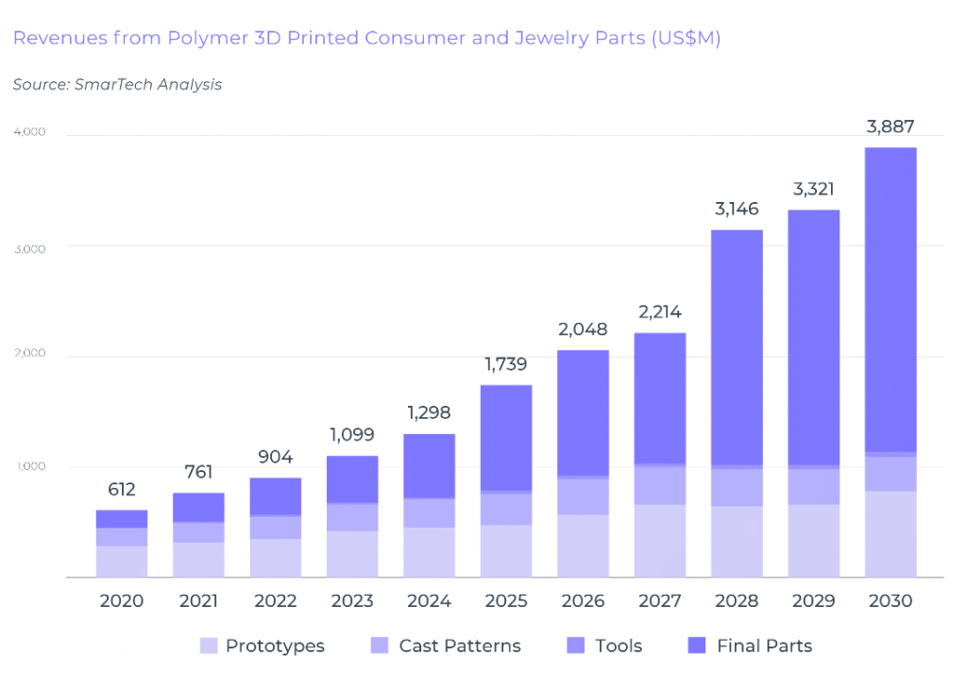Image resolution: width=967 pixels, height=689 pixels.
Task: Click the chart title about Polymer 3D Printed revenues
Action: (x=366, y=39)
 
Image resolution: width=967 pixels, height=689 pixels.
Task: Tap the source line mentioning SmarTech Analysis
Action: (x=117, y=85)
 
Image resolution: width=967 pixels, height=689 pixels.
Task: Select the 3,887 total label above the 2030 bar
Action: (x=891, y=127)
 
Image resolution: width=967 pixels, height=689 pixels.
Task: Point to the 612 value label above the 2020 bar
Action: (x=122, y=490)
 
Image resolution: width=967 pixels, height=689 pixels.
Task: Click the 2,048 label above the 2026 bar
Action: (x=583, y=329)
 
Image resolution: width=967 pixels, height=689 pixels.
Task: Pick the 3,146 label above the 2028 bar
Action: (x=737, y=209)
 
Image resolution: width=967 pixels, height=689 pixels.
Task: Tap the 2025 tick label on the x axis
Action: (x=505, y=601)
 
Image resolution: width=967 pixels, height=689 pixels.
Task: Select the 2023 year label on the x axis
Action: (x=352, y=601)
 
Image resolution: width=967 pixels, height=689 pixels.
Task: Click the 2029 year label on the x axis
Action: (x=813, y=601)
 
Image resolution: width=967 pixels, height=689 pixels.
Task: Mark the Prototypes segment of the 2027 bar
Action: (x=659, y=541)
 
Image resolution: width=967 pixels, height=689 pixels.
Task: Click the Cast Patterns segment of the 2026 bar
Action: (x=583, y=496)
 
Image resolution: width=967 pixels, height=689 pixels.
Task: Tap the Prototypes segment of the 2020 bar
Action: (x=122, y=562)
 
